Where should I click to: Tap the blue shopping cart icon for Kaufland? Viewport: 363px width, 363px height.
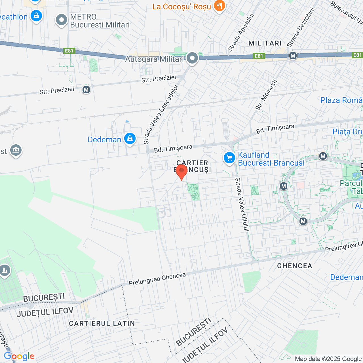[229, 158]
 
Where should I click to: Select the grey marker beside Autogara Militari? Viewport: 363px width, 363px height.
[193, 58]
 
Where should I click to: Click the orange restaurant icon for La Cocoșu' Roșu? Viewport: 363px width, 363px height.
[219, 5]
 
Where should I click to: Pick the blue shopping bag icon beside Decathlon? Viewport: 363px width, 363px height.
[36, 16]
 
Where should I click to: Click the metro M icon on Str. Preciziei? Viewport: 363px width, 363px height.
[86, 90]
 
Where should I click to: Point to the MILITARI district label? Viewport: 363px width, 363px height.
[265, 43]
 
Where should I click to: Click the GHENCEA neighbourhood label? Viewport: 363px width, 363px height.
[295, 266]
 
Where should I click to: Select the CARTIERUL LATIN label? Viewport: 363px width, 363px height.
[102, 323]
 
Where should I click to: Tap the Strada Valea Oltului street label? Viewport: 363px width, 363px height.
[242, 204]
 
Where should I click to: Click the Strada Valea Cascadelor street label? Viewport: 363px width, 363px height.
[161, 114]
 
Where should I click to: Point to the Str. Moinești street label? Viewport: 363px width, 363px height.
[266, 94]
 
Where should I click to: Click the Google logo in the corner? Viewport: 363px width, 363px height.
[19, 356]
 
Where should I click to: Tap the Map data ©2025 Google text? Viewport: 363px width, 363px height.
[328, 359]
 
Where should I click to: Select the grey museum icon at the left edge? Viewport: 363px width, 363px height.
[16, 150]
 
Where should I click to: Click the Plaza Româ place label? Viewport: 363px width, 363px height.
[341, 100]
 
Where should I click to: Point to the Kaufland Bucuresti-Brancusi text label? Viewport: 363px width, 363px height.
[271, 159]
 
